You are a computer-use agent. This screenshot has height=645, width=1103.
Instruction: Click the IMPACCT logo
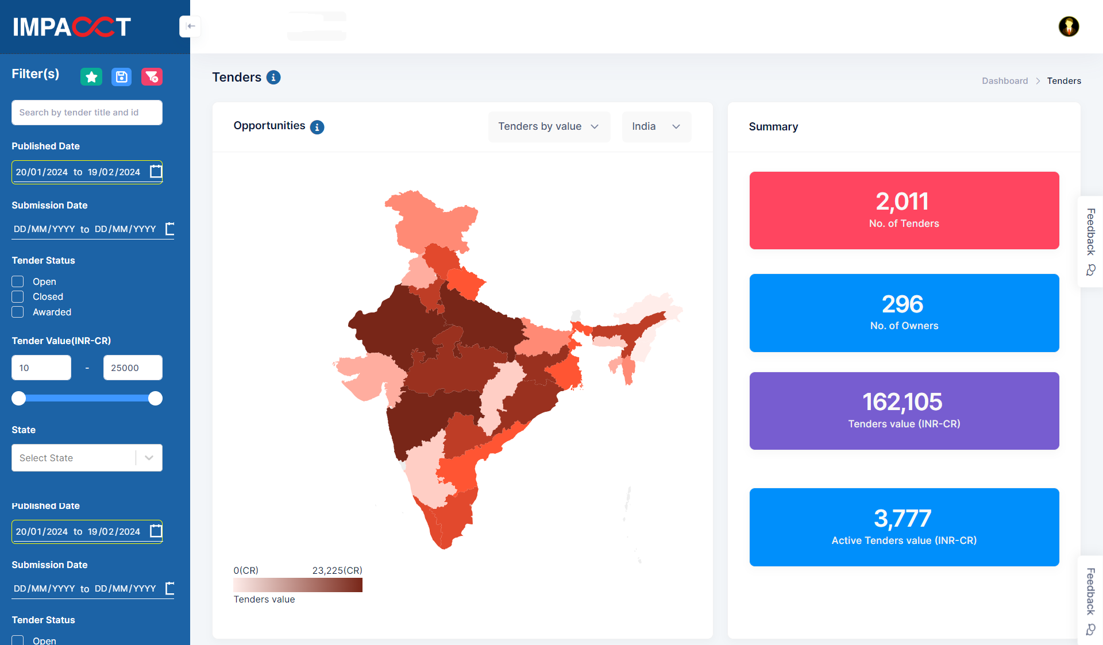coord(72,26)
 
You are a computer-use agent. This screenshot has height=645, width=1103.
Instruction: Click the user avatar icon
coord(1069,26)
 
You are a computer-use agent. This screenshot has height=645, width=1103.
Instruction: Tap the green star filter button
coord(91,77)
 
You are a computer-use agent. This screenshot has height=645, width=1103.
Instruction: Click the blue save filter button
coord(121,77)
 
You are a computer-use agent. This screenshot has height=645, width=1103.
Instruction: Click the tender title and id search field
coord(87,113)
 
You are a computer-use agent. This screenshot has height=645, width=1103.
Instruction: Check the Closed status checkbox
coord(18,297)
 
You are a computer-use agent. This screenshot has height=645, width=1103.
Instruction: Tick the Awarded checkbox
coord(18,312)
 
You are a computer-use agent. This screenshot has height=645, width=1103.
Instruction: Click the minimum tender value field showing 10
coord(41,368)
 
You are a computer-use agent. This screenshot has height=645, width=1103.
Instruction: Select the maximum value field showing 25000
coord(133,368)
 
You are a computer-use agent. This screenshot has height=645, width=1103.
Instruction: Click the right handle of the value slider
coord(155,399)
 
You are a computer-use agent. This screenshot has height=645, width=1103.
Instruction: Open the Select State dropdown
coord(87,458)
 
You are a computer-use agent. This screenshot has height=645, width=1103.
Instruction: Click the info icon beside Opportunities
coord(317,127)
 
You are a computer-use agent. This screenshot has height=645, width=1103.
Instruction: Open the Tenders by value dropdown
coord(549,126)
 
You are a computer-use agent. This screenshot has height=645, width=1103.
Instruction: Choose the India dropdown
coord(656,126)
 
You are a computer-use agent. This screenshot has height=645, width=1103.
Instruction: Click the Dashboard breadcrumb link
coord(1005,81)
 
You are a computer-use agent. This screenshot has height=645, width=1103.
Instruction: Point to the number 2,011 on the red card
coord(903,202)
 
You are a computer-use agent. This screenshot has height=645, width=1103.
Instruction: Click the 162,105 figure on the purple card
coord(903,402)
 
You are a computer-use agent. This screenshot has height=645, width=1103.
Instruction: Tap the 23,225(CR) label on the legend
coord(337,570)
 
